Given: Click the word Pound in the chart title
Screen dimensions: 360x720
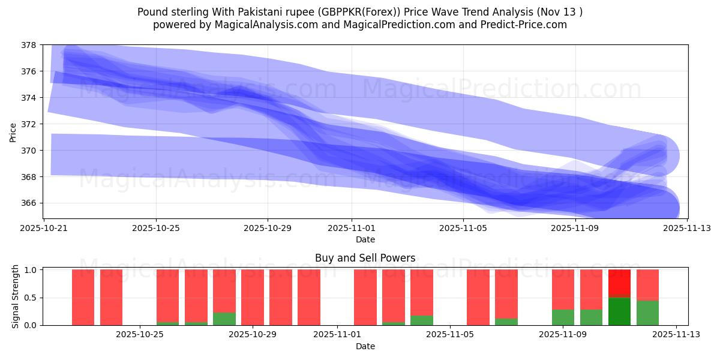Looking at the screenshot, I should click(152, 12).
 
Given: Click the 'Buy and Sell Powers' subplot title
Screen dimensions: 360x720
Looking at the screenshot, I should click(365, 258).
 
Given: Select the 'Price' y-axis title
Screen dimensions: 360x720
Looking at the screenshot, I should click(13, 132).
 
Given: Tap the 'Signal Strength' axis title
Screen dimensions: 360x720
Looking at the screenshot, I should click(16, 296).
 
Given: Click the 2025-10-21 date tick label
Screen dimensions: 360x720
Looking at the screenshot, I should click(44, 228).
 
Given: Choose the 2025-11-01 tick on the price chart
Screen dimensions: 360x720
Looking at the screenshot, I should click(352, 228).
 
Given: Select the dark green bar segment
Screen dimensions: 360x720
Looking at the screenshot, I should click(619, 311).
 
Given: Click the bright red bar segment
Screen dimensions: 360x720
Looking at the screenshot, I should click(619, 283).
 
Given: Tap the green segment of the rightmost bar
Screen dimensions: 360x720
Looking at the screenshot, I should click(647, 313).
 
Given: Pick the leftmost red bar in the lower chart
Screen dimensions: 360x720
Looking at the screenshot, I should click(83, 297).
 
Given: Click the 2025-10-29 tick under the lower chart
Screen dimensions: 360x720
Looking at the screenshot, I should click(252, 334).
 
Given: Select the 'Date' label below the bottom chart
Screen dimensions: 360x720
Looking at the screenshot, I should click(365, 346).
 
